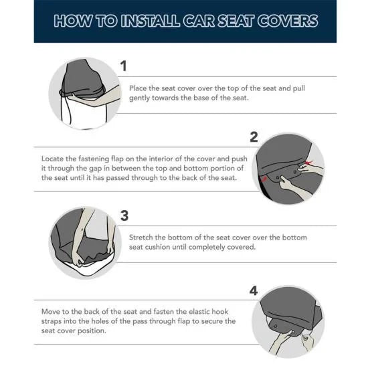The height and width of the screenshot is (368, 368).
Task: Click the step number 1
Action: click(x=123, y=66)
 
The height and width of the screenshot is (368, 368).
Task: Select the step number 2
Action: click(x=253, y=137)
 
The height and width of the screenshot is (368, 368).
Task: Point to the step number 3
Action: click(x=124, y=215)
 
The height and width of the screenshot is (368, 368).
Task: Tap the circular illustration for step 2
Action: click(x=290, y=167)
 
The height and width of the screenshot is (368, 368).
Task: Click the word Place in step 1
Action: click(x=139, y=88)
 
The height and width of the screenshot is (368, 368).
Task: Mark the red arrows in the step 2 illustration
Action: click(x=306, y=163)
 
